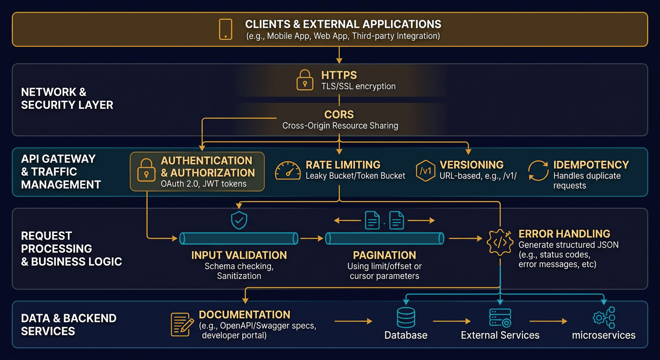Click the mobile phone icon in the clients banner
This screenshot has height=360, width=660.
(225, 29)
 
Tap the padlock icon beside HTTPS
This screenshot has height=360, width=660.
(305, 80)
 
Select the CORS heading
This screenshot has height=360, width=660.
(339, 114)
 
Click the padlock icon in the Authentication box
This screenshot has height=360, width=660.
(146, 171)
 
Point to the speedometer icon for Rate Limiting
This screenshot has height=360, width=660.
(287, 171)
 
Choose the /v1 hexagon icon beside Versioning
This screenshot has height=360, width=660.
(426, 171)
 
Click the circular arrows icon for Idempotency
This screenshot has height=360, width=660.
(538, 171)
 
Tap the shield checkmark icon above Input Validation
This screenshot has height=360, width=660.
(240, 220)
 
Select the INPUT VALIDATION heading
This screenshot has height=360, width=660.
(239, 255)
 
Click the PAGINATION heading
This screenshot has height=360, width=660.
(384, 255)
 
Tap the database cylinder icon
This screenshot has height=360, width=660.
(405, 318)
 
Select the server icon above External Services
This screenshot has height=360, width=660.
(500, 318)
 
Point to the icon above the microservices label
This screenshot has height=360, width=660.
(604, 318)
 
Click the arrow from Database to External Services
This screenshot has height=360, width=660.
(451, 321)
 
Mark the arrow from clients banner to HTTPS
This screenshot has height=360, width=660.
(339, 55)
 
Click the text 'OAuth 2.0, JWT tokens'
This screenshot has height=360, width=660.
(203, 184)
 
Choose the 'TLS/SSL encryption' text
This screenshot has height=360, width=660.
(358, 86)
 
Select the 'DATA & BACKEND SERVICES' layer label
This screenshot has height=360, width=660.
(68, 324)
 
